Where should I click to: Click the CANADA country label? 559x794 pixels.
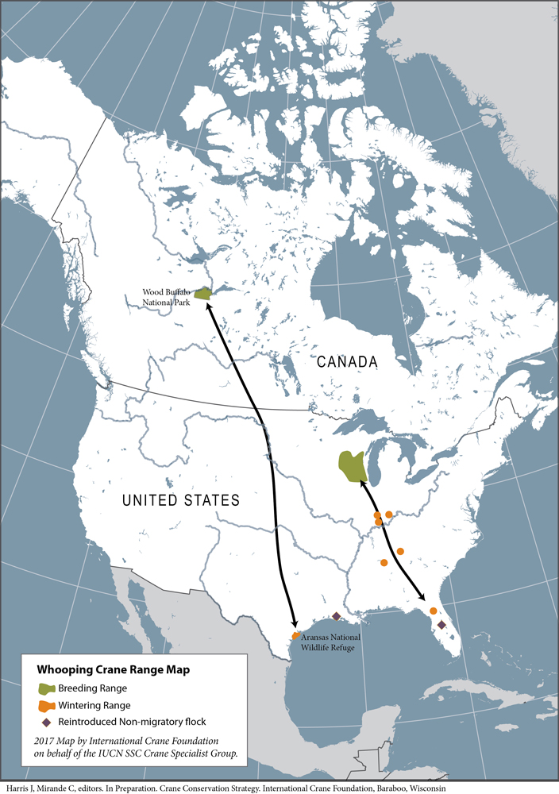tap(347, 362)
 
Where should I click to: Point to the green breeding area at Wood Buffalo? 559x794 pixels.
tap(205, 293)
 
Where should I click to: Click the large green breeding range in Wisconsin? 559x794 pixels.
tap(352, 467)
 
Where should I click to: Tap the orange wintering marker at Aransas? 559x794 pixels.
tap(295, 636)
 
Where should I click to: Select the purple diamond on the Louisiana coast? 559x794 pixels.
tap(336, 616)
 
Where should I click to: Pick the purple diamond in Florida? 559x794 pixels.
tap(441, 626)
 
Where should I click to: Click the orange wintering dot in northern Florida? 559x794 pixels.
tap(433, 611)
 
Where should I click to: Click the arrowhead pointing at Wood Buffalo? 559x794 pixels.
tap(210, 305)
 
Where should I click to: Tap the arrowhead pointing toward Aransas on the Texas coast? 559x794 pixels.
tap(294, 626)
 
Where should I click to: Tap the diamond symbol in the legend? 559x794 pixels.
tap(45, 722)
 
